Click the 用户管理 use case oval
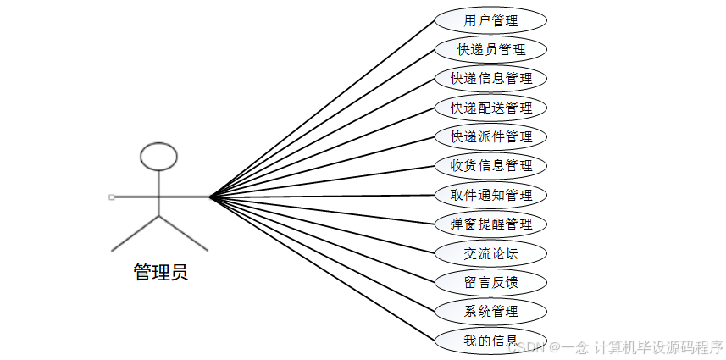(x=490, y=20)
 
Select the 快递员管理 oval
(x=490, y=49)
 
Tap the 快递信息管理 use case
(x=490, y=79)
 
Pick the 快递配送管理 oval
(x=490, y=108)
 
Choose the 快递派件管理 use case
(x=490, y=136)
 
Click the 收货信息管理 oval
(x=490, y=165)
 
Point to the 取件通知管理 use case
(x=490, y=195)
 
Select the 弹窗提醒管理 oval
(x=490, y=224)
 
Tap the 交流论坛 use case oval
(x=490, y=252)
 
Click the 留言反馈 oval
(x=490, y=281)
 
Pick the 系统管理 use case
(x=490, y=311)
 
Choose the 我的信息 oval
(x=490, y=341)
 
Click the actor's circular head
(x=158, y=156)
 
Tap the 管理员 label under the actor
(x=160, y=272)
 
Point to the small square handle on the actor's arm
(x=111, y=197)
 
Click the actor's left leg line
(x=136, y=233)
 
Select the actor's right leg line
(x=183, y=233)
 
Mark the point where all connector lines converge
(x=210, y=197)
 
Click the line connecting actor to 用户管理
(x=322, y=108)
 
